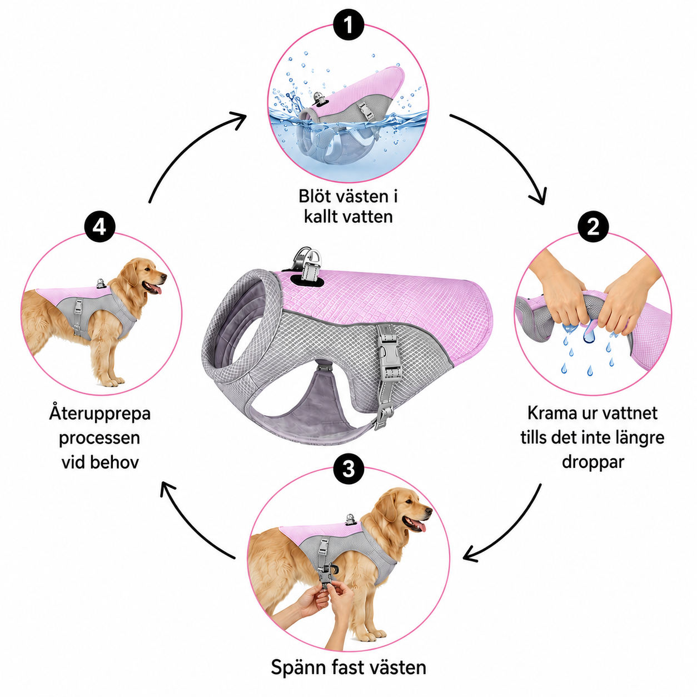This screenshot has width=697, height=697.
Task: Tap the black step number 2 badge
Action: point(593,227)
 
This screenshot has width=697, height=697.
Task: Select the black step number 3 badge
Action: point(348,469)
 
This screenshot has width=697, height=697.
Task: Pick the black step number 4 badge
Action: point(100,227)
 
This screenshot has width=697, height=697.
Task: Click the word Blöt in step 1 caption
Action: point(315,196)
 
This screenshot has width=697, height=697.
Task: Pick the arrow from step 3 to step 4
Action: point(188,528)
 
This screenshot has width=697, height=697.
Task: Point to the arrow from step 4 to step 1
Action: point(188,145)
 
